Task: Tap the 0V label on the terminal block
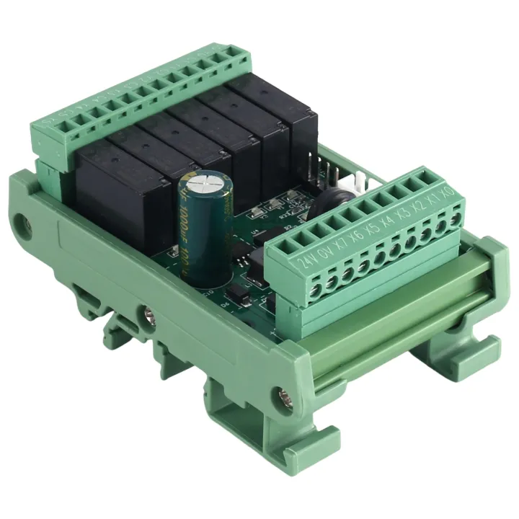coord(325,251)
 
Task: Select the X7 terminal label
coord(341,243)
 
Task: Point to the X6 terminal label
coord(357,235)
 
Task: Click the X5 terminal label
coord(373,228)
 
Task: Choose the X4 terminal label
coord(389,220)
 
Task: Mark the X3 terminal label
coord(404,213)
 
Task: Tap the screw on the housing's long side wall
coord(149,314)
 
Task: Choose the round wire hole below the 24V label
coord(314,287)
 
